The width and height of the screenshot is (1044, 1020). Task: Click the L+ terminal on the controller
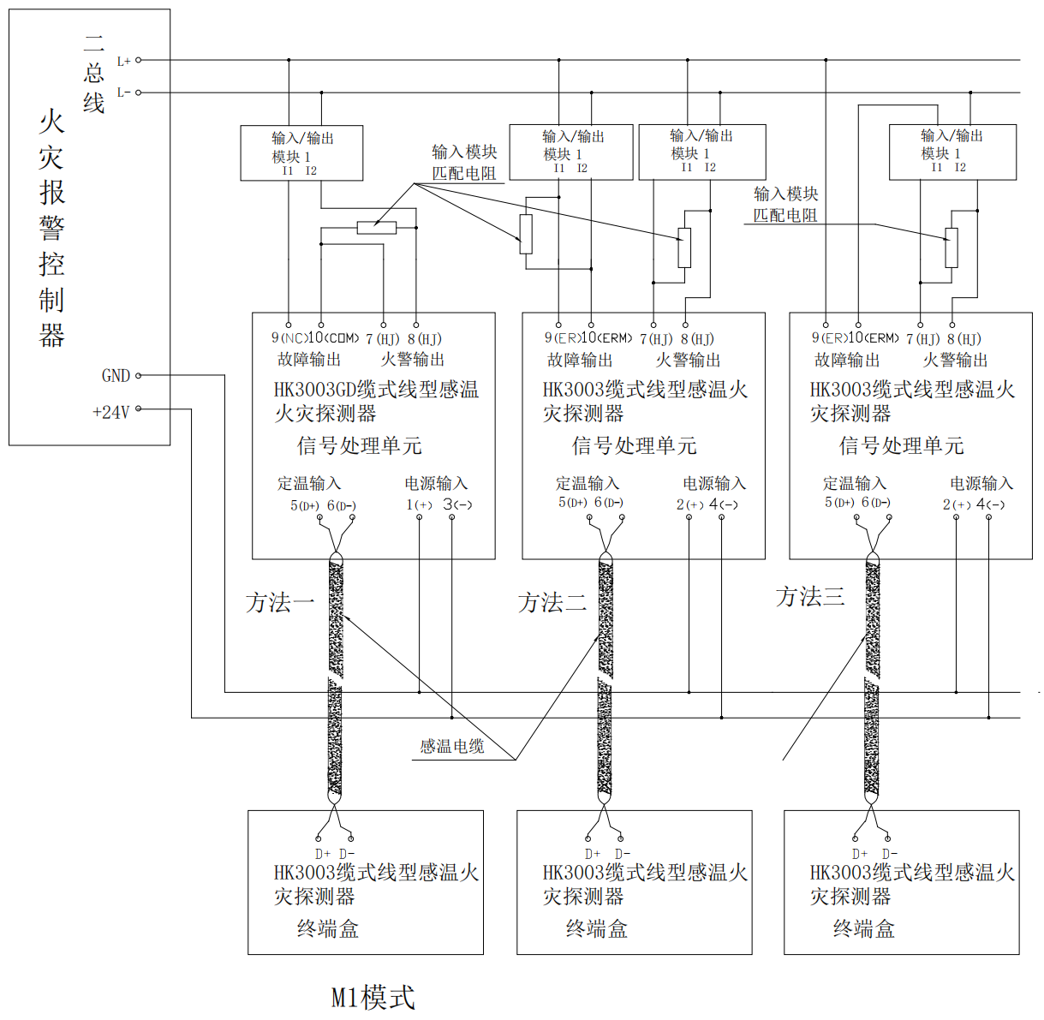pos(138,60)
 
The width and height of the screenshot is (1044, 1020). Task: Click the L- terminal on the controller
pos(138,92)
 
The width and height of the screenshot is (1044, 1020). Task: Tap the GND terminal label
pos(116,376)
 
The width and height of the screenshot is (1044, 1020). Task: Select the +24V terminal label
pos(111,412)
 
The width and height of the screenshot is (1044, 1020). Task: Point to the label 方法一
pos(280,603)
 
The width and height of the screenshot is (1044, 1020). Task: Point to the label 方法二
pos(552,603)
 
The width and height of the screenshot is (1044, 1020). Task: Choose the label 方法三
pos(810,597)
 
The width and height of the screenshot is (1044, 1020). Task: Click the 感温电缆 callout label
pos(451,747)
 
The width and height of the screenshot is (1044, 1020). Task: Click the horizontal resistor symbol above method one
pos(377,228)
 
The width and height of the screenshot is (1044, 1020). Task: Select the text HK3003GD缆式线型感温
pos(376,390)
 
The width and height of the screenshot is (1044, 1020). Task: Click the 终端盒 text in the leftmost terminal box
pos(327,929)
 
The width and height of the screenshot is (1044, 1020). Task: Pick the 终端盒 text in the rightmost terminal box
pos(863,929)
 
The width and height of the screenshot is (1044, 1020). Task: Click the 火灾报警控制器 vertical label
pos(51,228)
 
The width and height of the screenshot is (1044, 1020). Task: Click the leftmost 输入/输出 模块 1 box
pos(301,153)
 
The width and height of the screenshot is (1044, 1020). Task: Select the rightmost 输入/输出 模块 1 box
pos(952,152)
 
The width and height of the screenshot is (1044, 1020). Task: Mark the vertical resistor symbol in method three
pos(952,248)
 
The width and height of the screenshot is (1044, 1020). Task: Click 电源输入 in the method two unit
pos(714,484)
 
